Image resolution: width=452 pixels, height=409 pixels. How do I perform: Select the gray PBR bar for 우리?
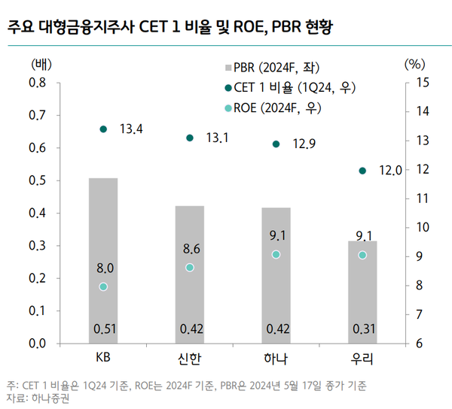coord(362,293)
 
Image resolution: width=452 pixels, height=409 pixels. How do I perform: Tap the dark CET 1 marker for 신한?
coord(190,138)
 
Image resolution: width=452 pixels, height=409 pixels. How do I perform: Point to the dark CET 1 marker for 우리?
coord(362,171)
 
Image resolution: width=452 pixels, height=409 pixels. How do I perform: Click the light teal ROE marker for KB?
coord(103,286)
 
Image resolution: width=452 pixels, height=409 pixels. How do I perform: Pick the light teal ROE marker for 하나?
coord(276,255)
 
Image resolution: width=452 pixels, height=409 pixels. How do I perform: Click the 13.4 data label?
coord(131,130)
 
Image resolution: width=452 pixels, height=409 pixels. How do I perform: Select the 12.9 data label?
coord(304,144)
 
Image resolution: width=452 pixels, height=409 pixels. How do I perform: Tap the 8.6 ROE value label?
coord(190,248)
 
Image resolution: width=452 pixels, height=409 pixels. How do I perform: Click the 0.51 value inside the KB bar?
coord(103,329)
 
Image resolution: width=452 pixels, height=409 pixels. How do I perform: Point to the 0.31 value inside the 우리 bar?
coord(362,329)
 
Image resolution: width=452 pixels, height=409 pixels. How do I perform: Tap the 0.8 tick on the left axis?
coord(37,83)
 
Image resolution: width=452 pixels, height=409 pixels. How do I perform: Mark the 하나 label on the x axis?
coord(276,358)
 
